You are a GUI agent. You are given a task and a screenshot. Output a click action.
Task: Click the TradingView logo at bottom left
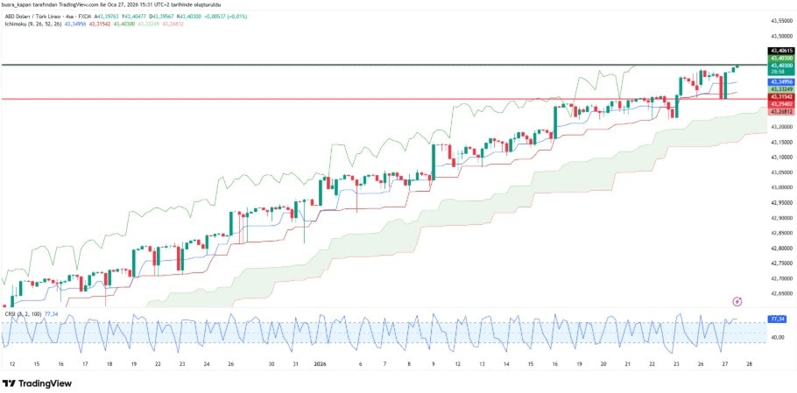[37, 383]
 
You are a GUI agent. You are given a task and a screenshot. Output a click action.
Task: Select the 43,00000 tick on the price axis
[779, 186]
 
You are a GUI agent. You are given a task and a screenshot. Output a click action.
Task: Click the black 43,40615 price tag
[779, 52]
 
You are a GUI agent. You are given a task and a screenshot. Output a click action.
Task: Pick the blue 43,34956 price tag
[779, 81]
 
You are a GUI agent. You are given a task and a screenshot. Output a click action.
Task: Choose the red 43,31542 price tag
[779, 96]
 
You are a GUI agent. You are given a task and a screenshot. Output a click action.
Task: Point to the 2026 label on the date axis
[320, 363]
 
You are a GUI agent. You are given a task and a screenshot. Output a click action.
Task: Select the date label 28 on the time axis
[748, 363]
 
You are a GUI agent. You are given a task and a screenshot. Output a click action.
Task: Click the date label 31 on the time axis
[295, 363]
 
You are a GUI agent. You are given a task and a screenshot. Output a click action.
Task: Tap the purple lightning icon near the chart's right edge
[737, 301]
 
